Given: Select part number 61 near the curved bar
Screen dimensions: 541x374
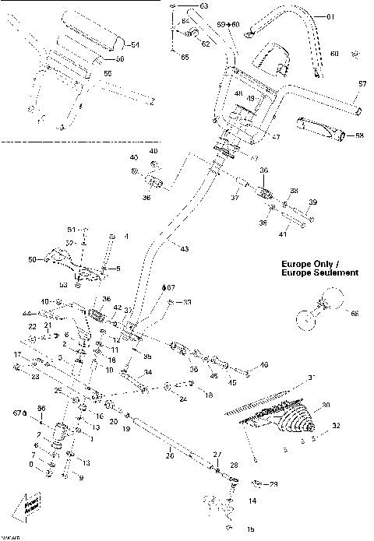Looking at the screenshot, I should (329, 17).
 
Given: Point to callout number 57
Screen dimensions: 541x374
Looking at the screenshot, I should (362, 83).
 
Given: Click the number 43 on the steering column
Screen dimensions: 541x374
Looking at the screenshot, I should (184, 248).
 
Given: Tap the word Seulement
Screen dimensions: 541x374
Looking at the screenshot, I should (333, 273).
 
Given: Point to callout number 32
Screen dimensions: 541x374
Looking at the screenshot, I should (335, 427).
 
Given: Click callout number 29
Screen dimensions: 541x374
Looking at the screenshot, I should (273, 483).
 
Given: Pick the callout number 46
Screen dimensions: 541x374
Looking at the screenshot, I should (264, 364).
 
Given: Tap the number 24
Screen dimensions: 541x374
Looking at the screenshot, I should (182, 400).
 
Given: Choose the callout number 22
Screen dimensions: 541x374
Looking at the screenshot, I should (34, 325).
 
